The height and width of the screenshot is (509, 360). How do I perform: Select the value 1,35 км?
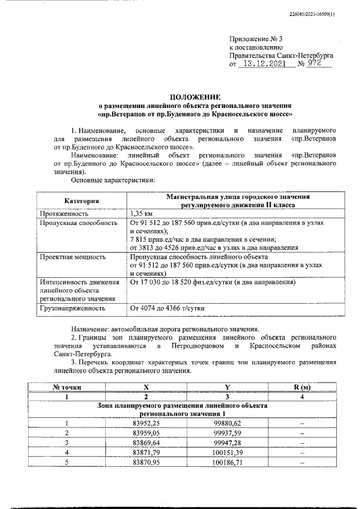(141, 214)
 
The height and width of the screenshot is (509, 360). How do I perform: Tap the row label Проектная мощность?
(72, 256)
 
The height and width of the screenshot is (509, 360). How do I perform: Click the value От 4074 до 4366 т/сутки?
(167, 308)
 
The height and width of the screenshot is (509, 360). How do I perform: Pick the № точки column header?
(67, 387)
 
